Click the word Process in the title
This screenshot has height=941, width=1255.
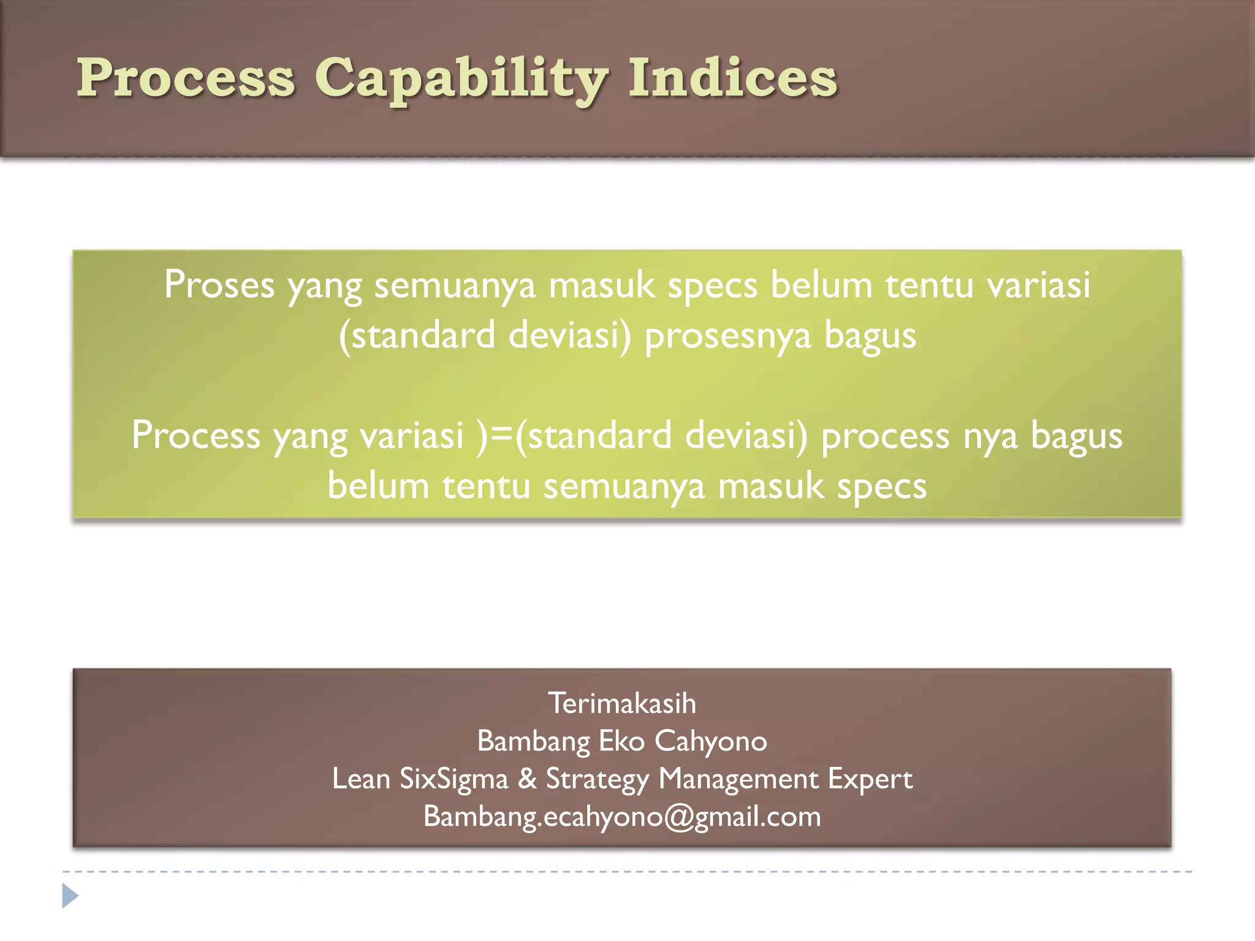[x=186, y=78]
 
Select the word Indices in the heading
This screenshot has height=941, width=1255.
[x=732, y=78]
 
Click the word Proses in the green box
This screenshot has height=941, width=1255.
[x=219, y=285]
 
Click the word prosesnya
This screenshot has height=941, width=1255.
[x=727, y=336]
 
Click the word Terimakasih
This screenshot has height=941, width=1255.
[x=621, y=703]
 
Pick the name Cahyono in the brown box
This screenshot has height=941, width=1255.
[x=710, y=741]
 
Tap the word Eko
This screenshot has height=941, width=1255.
[x=621, y=741]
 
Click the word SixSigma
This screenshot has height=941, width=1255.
[x=453, y=779]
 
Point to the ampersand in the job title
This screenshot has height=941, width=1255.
[x=527, y=779]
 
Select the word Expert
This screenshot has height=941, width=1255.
[x=870, y=779]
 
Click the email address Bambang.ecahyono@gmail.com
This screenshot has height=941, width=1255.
[x=621, y=817]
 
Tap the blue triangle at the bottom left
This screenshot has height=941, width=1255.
[x=70, y=896]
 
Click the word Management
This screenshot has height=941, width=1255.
[x=738, y=779]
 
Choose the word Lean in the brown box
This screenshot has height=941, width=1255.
[x=360, y=779]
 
